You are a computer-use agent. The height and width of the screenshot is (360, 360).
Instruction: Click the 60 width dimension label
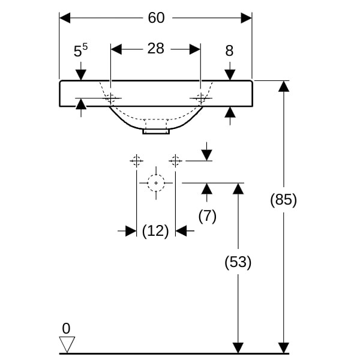[156, 18]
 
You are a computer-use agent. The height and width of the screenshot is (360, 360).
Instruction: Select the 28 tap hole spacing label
[155, 49]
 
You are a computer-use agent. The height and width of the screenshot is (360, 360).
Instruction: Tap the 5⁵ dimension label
[80, 51]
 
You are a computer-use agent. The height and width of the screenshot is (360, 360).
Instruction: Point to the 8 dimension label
[229, 51]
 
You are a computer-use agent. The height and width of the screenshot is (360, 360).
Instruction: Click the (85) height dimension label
[283, 199]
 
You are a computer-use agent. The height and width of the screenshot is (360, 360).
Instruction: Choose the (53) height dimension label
[238, 262]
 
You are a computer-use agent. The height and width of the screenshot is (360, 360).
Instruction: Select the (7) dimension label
[207, 216]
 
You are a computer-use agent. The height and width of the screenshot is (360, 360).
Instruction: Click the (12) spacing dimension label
[155, 231]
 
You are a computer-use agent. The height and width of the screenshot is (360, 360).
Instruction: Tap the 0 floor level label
[66, 328]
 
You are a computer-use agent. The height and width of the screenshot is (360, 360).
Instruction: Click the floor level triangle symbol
[67, 344]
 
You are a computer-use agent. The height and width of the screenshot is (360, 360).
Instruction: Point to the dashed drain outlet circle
[156, 182]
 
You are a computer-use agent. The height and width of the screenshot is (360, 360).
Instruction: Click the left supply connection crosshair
[137, 160]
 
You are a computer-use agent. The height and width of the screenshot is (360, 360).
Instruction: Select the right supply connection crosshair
[175, 160]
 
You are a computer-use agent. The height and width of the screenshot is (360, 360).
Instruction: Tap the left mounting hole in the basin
[111, 98]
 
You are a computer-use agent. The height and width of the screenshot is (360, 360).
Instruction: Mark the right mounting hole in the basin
[200, 98]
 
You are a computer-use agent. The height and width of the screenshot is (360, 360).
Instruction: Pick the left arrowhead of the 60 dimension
[65, 18]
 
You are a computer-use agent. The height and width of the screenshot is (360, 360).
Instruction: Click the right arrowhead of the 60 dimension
[246, 18]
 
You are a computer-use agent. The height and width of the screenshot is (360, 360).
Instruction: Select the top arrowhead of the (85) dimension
[283, 86]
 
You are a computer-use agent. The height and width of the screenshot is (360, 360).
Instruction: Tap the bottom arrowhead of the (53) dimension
[238, 347]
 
